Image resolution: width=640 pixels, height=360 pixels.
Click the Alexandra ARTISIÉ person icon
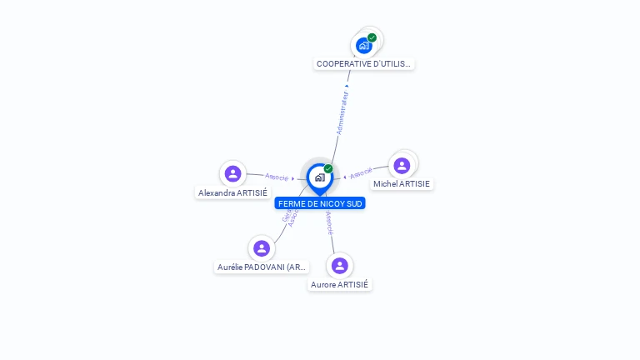pyautogui.click(x=233, y=173)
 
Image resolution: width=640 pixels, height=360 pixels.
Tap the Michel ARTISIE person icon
pyautogui.click(x=402, y=165)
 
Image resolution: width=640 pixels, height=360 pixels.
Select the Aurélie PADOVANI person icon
pyautogui.click(x=262, y=248)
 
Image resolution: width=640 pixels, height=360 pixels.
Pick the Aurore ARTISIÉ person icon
pyautogui.click(x=339, y=266)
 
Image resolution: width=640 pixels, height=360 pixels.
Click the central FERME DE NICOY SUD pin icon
pyautogui.click(x=319, y=177)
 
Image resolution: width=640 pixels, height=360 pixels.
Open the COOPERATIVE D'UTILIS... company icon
pyautogui.click(x=364, y=45)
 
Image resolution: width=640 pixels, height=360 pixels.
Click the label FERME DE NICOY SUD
pyautogui.click(x=321, y=203)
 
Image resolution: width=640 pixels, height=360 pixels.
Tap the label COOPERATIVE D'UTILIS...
pyautogui.click(x=364, y=63)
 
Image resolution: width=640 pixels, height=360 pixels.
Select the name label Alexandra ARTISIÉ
pyautogui.click(x=232, y=192)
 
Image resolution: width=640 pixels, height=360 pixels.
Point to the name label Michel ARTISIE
pyautogui.click(x=402, y=183)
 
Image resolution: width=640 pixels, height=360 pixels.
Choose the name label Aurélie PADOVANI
pyautogui.click(x=262, y=267)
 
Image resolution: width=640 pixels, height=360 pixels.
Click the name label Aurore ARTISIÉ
pyautogui.click(x=339, y=284)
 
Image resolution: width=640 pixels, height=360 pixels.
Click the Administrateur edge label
pyautogui.click(x=342, y=112)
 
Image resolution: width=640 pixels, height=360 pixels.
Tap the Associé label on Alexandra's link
pyautogui.click(x=277, y=177)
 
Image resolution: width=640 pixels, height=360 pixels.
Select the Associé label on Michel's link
pyautogui.click(x=362, y=173)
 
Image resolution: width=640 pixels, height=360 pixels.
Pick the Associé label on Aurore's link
pyautogui.click(x=329, y=222)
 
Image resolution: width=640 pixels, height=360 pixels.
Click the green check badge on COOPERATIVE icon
pyautogui.click(x=372, y=37)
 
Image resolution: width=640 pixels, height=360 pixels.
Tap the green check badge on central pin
pyautogui.click(x=328, y=169)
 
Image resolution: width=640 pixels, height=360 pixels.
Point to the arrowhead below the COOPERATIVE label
pyautogui.click(x=347, y=85)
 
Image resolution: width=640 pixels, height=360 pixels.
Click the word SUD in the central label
pyautogui.click(x=354, y=203)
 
